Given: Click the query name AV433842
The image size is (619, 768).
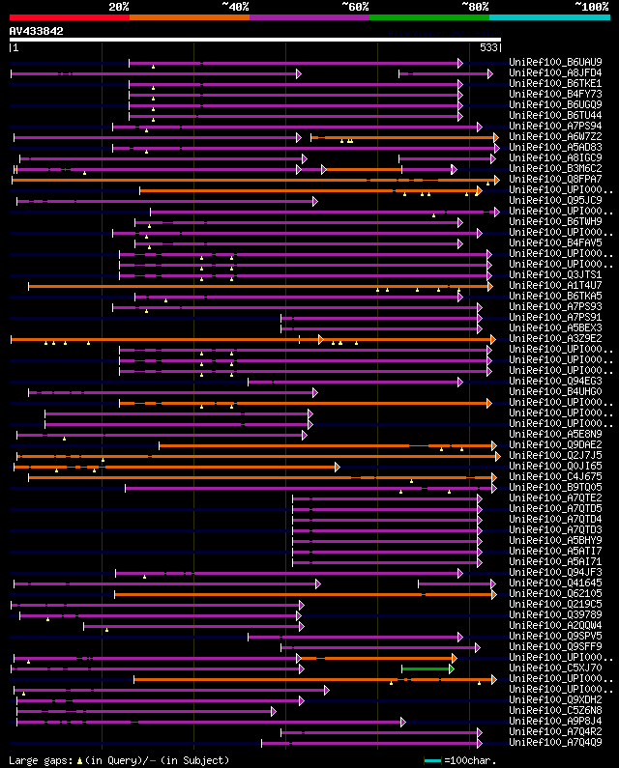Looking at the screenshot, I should click(36, 31).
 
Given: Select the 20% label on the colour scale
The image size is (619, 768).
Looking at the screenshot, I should click(119, 7).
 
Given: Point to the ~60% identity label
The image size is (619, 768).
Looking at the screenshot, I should click(355, 7).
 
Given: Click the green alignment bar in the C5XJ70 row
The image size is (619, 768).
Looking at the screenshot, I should click(427, 668).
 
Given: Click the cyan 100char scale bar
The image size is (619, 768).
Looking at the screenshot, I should click(432, 760).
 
